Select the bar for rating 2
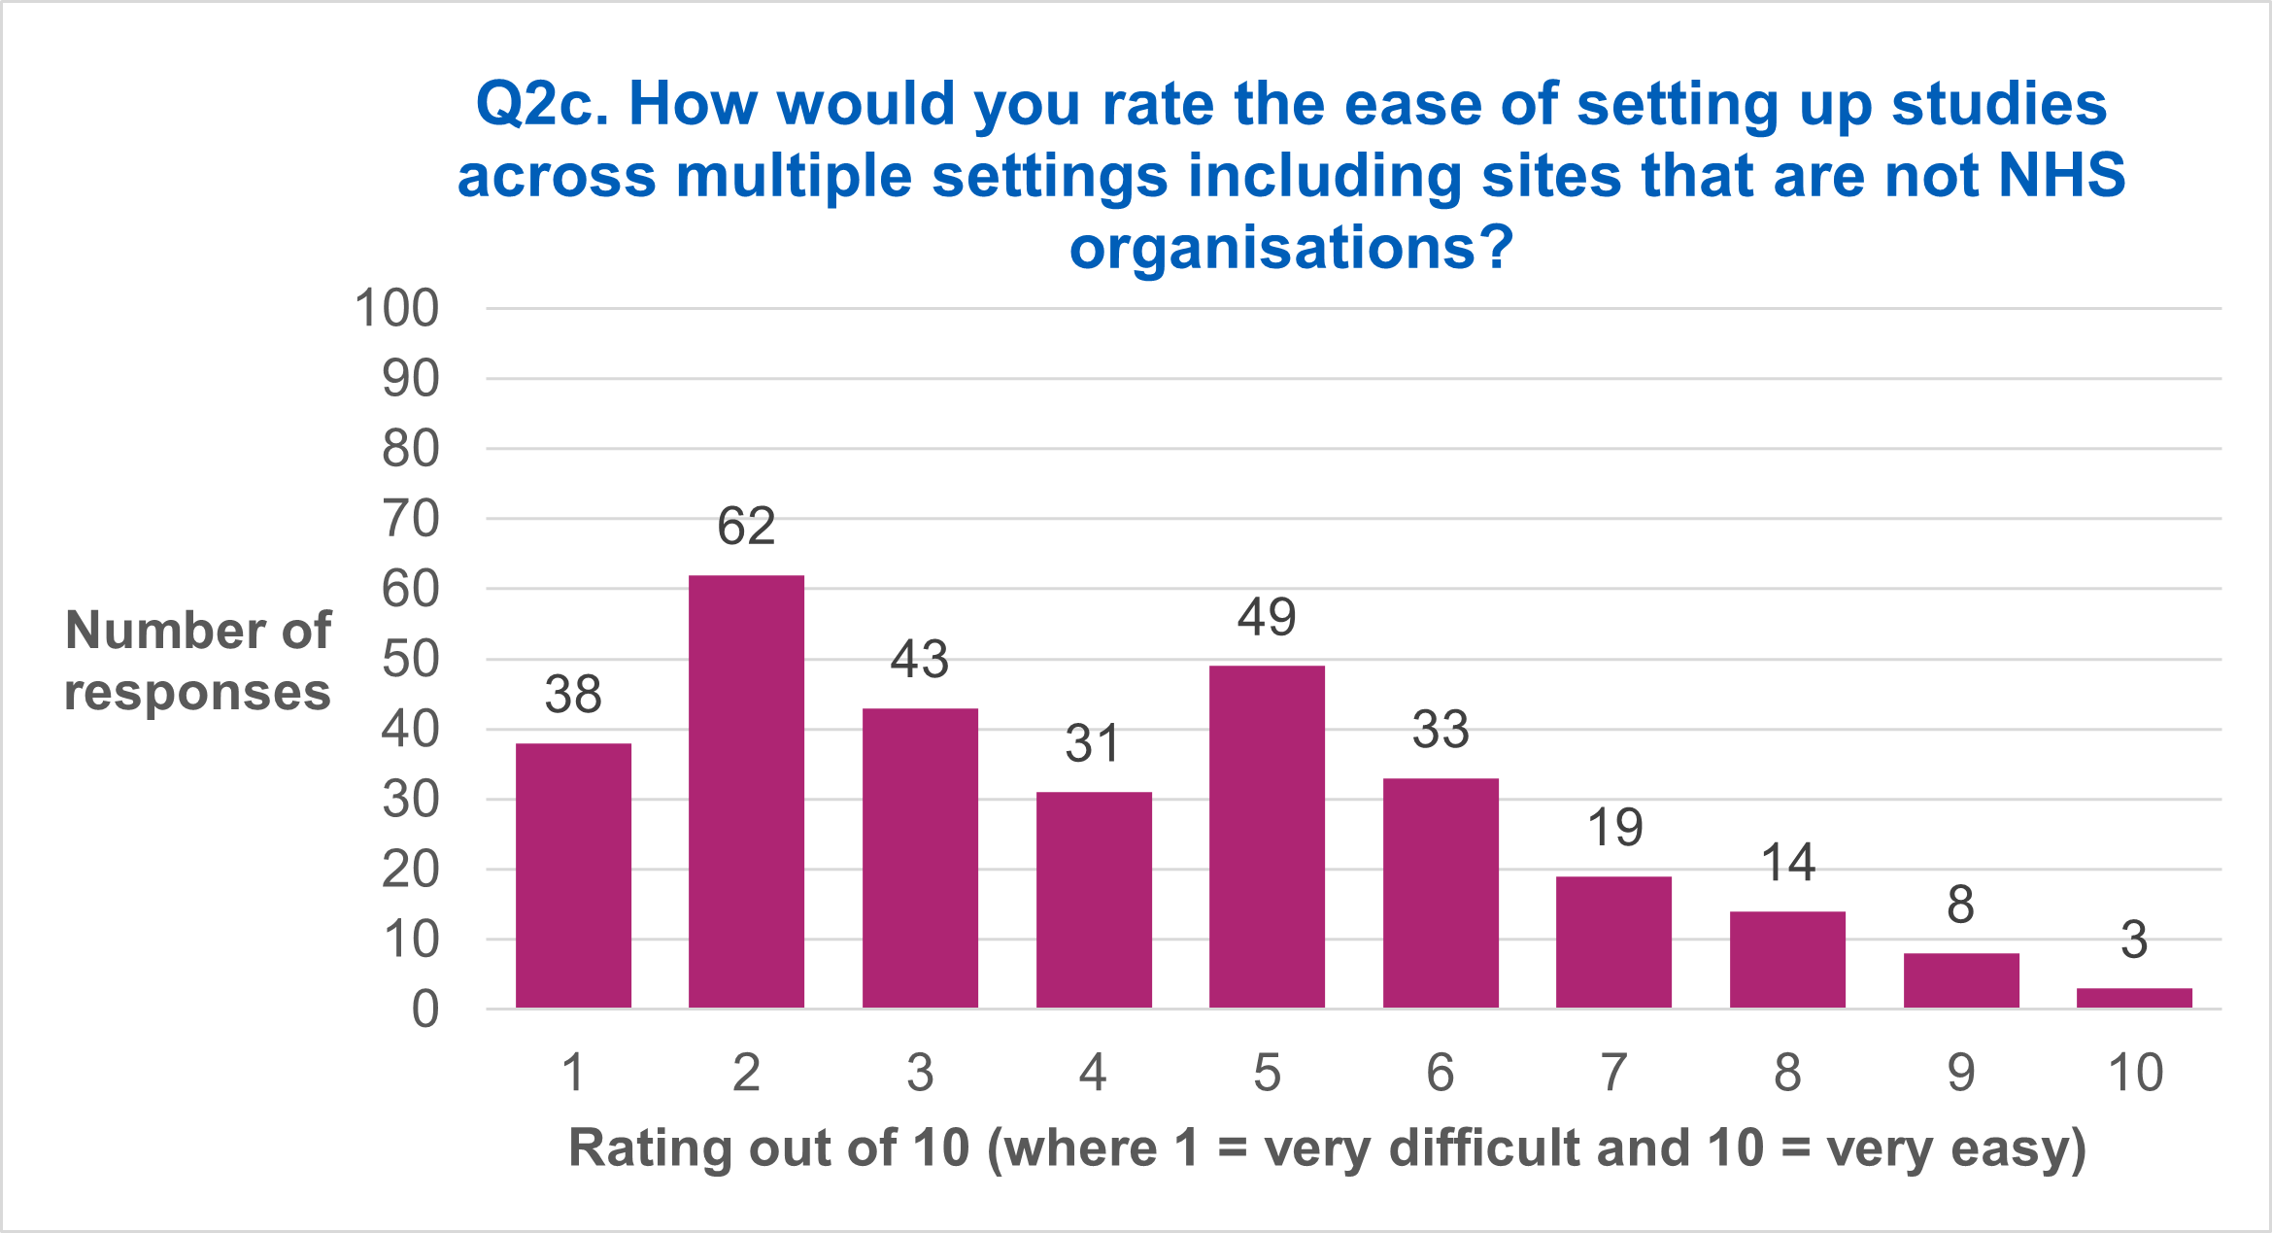coord(746,791)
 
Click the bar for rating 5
coord(1267,837)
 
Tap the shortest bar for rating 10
coord(2134,998)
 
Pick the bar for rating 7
coord(1613,942)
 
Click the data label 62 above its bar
coord(746,527)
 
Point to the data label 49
coord(1267,617)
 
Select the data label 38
coord(573,695)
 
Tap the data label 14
coord(1787,863)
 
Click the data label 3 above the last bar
coord(2134,940)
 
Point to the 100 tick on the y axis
coord(397,309)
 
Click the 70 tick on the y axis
coord(410,520)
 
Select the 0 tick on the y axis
coord(424,1010)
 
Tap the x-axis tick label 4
coord(1093,1073)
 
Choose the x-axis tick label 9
coord(1960,1073)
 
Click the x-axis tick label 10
coord(2134,1073)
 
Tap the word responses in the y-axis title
coord(197,693)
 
